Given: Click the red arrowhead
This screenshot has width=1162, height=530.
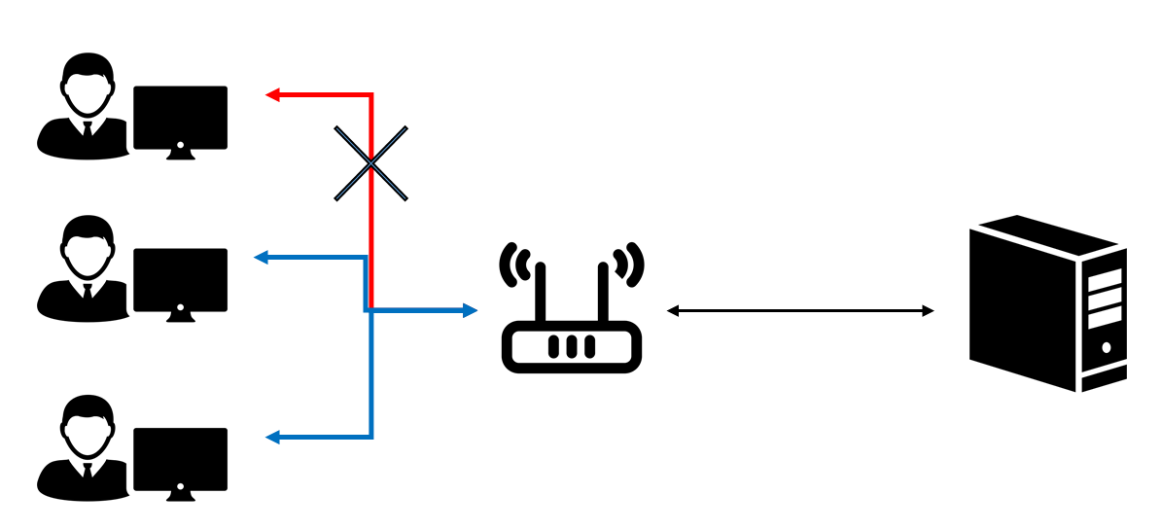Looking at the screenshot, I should click(272, 94).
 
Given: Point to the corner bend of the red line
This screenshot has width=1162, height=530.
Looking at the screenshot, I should click(371, 95).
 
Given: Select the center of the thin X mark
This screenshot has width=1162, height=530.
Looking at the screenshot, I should click(370, 163).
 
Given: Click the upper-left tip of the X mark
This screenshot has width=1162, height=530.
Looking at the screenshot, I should click(337, 128).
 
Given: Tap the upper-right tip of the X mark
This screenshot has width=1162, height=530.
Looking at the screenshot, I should click(405, 128).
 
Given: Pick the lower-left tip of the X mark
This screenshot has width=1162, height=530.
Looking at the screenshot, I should click(337, 198).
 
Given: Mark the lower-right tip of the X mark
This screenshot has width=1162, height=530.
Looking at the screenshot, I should click(405, 198).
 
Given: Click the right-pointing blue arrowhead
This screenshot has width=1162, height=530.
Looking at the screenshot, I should click(471, 310).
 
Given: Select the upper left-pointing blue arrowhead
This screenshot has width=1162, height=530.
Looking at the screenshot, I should click(260, 257).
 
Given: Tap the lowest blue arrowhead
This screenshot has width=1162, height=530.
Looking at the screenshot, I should click(272, 437).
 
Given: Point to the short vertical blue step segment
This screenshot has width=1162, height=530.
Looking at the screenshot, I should click(366, 284).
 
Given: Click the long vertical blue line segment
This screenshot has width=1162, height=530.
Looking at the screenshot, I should click(371, 374).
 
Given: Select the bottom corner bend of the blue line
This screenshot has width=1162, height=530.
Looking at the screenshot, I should click(371, 437).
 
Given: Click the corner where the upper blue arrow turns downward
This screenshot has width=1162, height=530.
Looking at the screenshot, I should click(366, 258).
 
